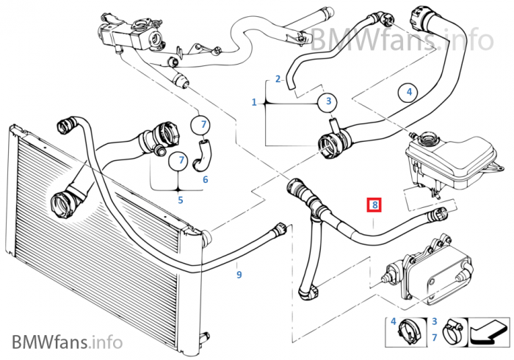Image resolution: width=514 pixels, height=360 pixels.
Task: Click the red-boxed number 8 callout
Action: [374, 205]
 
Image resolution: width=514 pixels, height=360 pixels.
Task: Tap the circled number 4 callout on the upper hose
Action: [408, 93]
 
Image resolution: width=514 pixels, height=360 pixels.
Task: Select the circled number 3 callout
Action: [329, 101]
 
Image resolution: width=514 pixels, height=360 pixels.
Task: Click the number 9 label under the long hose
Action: [239, 275]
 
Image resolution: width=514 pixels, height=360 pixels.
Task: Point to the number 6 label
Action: [205, 179]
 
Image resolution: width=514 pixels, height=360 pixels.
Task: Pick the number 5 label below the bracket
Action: [181, 198]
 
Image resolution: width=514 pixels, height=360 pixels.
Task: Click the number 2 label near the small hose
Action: [278, 79]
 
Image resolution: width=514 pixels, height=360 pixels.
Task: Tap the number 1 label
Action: [254, 102]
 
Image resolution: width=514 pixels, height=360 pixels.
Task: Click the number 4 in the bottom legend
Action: [394, 321]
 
